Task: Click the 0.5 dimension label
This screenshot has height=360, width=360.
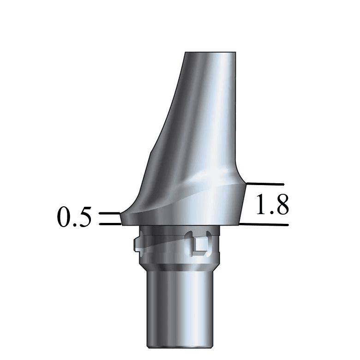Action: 74,217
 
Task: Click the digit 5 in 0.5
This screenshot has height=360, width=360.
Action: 84,217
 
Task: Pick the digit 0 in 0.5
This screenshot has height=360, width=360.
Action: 65,217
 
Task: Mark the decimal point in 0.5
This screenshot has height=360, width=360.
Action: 75,225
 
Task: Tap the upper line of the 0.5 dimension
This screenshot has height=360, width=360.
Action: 109,213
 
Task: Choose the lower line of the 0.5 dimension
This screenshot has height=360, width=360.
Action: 110,224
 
